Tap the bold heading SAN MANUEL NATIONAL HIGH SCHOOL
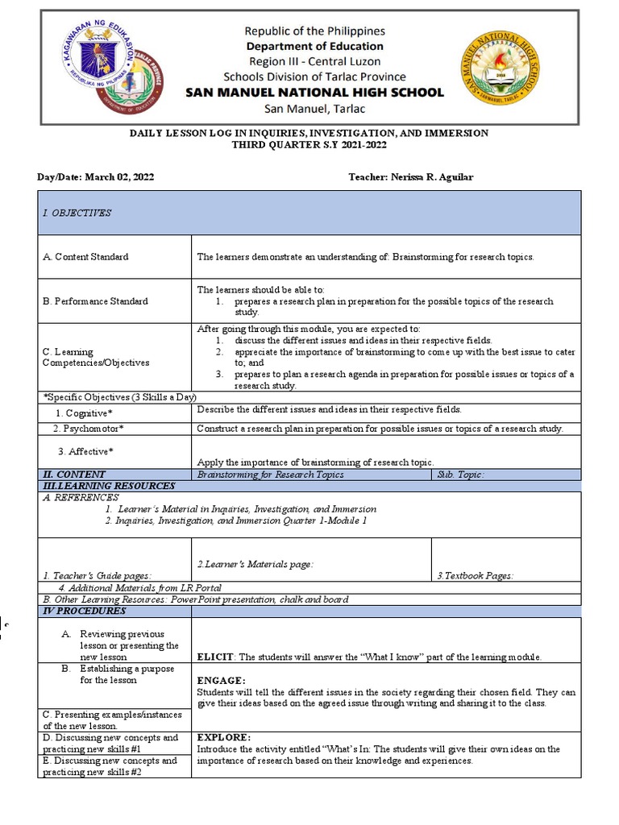click(314, 93)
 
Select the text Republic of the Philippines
click(314, 31)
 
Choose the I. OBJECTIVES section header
click(77, 213)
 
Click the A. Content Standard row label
click(85, 257)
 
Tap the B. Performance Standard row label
click(95, 301)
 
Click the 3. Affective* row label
click(85, 451)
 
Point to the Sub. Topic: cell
click(460, 475)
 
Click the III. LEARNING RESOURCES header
click(109, 486)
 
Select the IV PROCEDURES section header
click(85, 611)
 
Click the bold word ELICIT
click(215, 657)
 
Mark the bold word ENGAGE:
click(222, 681)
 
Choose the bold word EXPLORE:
click(224, 737)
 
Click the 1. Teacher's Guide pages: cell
click(97, 576)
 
